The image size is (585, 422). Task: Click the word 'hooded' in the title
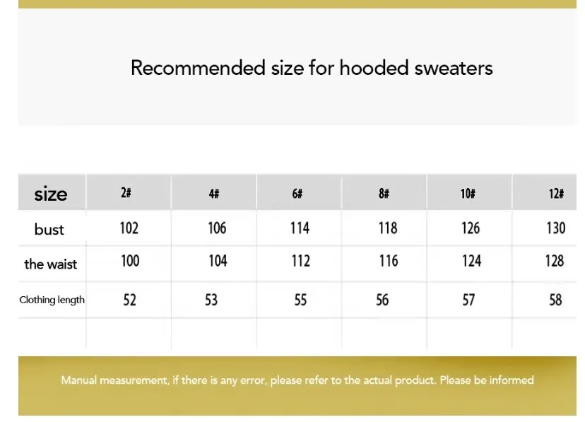click(374, 68)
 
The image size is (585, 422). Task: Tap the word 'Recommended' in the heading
click(198, 68)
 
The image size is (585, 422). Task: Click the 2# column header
click(126, 192)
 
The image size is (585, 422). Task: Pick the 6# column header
click(297, 193)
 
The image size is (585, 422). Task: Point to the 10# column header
click(468, 193)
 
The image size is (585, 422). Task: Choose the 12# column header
click(556, 193)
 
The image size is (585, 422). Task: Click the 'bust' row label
click(49, 229)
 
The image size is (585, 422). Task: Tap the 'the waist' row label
click(51, 264)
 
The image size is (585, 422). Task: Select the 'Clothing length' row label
click(52, 300)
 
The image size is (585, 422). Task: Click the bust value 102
click(129, 228)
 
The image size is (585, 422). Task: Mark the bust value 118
click(388, 228)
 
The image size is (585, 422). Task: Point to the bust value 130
click(556, 228)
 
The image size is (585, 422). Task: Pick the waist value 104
click(218, 261)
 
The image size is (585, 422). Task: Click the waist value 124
click(471, 261)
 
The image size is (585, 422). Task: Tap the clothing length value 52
click(130, 300)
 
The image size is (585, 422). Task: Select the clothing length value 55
click(301, 300)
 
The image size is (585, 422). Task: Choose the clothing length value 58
click(555, 300)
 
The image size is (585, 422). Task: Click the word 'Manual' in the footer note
click(79, 380)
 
